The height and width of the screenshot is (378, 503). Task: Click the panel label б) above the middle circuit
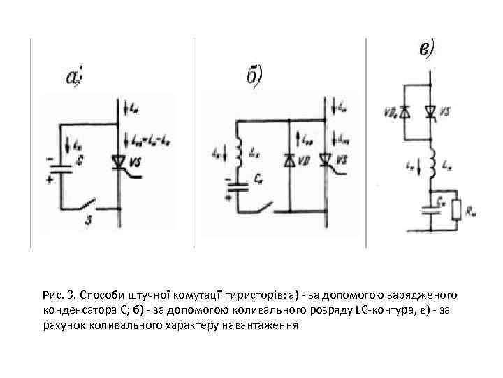click(254, 75)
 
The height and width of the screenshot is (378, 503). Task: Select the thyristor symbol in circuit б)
click(326, 162)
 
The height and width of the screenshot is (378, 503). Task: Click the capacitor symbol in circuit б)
click(238, 186)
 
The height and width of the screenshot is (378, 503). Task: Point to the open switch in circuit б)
click(263, 206)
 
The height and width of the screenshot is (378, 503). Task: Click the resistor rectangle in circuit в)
click(458, 209)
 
